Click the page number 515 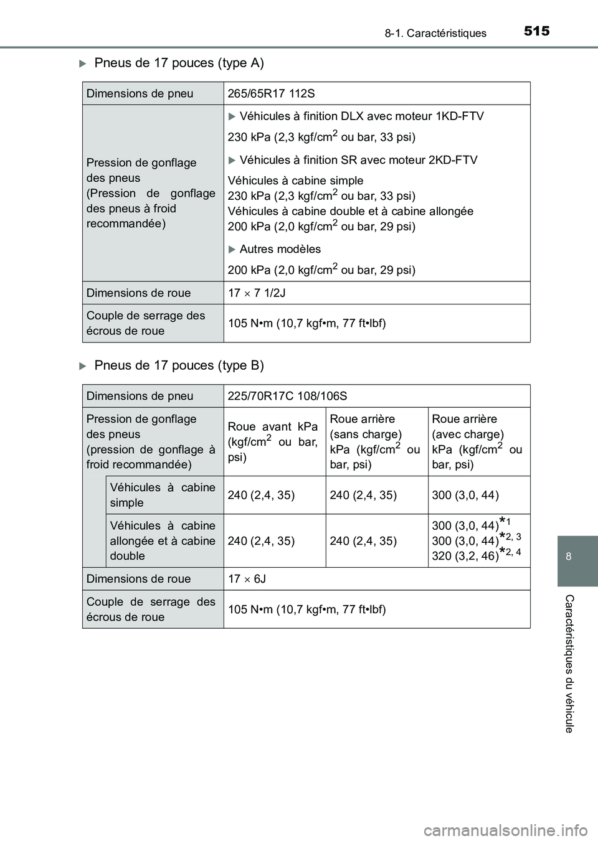click(x=536, y=31)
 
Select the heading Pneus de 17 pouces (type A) click(x=179, y=63)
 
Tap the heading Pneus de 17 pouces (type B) click(x=179, y=365)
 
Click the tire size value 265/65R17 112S click(x=272, y=93)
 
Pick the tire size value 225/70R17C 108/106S click(x=288, y=396)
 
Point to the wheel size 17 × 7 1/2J click(x=257, y=293)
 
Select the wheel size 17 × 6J click(x=247, y=579)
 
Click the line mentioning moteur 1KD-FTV click(x=361, y=116)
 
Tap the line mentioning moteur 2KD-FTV click(x=358, y=160)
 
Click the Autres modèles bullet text click(x=280, y=249)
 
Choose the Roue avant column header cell click(x=273, y=441)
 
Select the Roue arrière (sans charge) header click(x=375, y=441)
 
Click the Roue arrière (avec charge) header click(x=477, y=441)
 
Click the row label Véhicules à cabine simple click(x=163, y=495)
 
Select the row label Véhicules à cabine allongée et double click(x=163, y=540)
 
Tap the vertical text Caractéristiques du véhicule click(x=569, y=663)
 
